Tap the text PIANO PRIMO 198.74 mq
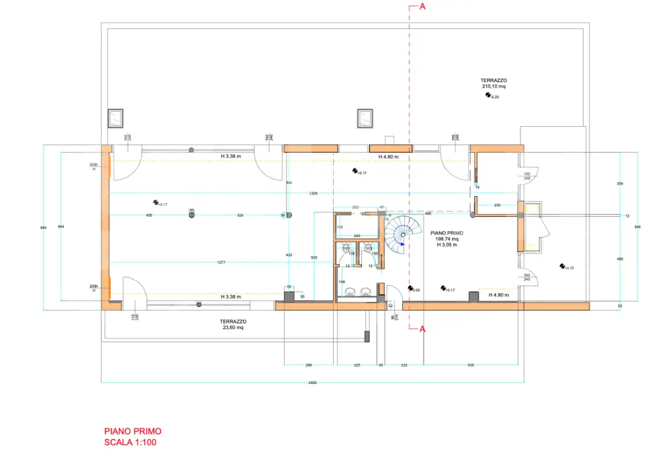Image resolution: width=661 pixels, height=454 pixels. coord(448,236)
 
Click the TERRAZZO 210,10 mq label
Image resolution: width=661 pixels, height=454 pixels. coord(494,83)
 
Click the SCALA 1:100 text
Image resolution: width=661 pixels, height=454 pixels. coord(130,443)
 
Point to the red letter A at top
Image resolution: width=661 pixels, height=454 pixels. coord(422,7)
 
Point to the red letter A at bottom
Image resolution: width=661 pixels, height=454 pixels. coord(422,329)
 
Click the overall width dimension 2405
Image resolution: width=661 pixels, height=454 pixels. coord(312,383)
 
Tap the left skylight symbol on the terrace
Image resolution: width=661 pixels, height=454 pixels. coord(116,117)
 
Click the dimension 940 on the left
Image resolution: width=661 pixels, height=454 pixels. coord(43,227)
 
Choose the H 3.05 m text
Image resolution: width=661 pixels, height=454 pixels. coord(448,245)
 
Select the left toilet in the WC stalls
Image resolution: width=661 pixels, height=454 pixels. coord(346,248)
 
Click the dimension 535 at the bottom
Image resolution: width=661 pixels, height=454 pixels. coord(471,365)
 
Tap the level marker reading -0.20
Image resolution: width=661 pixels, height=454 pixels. coord(492,95)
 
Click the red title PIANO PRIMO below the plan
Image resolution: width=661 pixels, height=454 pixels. coord(133,431)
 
